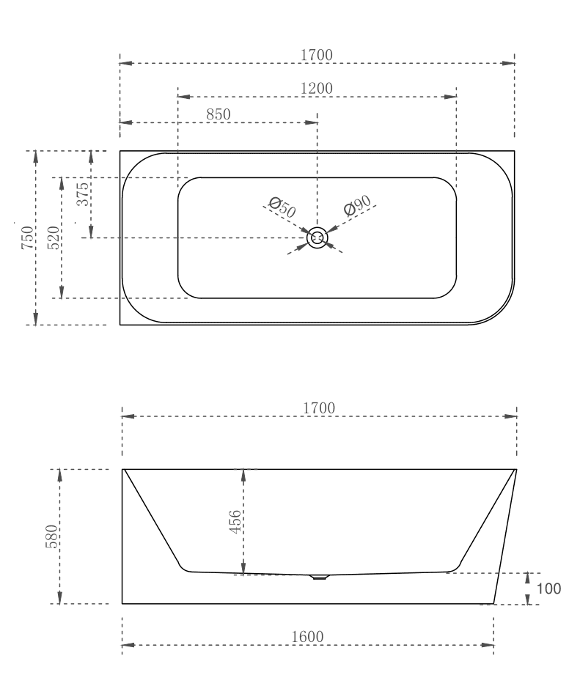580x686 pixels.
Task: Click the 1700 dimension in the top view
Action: click(317, 54)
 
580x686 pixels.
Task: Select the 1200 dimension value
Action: click(317, 88)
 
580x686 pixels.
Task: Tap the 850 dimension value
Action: click(219, 114)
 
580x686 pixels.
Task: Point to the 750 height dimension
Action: click(27, 238)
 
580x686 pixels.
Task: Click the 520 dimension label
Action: click(54, 238)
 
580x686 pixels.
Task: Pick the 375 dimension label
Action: click(83, 194)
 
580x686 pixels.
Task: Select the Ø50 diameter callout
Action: click(282, 207)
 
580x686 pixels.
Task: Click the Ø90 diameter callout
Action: click(358, 207)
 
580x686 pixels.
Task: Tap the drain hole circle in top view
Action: click(317, 237)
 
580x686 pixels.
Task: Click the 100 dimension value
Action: click(549, 589)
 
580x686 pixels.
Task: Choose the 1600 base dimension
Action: click(307, 636)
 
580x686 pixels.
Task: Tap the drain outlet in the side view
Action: click(320, 577)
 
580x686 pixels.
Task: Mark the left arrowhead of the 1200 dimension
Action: click(184, 97)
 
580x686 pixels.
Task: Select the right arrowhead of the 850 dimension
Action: click(312, 123)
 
